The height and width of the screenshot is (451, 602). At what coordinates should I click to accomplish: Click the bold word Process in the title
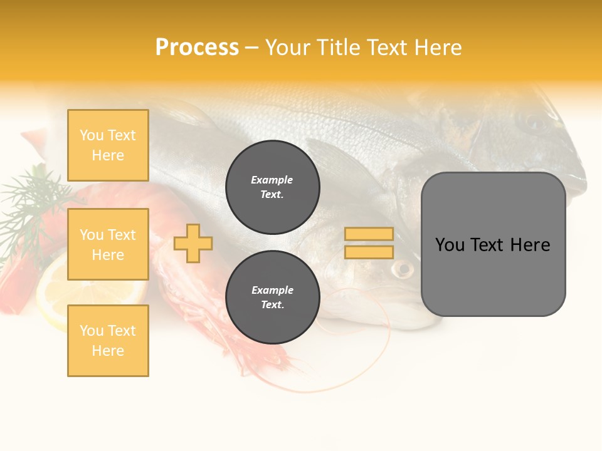click(197, 48)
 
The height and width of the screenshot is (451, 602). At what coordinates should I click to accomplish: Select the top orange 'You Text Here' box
click(108, 145)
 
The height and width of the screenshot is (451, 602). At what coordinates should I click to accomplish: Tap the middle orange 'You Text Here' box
click(108, 244)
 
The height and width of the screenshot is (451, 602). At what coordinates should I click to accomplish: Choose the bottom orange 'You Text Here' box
click(108, 341)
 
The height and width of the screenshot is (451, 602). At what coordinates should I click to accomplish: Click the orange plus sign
click(193, 243)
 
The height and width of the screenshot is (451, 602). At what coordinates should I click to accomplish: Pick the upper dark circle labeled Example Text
click(273, 187)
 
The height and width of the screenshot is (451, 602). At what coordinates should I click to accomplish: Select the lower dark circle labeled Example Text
click(273, 298)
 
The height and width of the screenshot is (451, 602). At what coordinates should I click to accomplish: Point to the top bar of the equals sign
click(369, 234)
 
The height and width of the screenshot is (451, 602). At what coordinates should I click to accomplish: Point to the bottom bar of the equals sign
click(369, 252)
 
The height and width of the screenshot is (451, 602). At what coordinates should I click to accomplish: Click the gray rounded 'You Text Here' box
click(494, 244)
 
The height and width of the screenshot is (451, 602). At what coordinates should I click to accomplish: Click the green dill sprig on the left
click(31, 200)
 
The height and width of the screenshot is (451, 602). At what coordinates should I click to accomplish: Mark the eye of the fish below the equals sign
click(403, 270)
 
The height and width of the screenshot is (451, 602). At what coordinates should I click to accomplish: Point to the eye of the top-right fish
click(534, 123)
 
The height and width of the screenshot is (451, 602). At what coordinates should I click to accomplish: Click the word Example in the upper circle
click(272, 180)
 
